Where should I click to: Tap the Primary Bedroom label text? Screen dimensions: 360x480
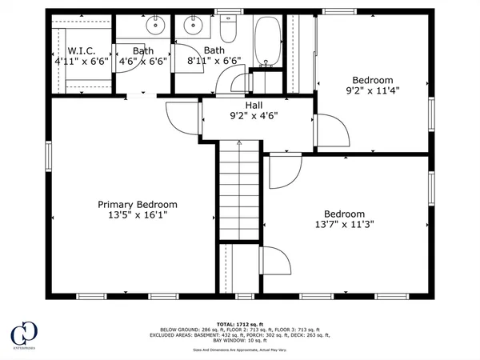click(x=138, y=204)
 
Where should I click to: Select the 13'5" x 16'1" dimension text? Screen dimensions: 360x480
click(x=138, y=215)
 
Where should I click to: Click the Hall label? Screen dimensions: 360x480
click(x=254, y=105)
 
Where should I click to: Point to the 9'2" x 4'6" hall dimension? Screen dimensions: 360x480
click(x=254, y=115)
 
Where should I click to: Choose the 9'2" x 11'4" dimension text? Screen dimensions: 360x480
click(x=373, y=90)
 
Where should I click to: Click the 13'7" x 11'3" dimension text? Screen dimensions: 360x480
click(x=345, y=225)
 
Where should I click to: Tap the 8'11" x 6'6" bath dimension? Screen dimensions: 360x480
click(x=214, y=61)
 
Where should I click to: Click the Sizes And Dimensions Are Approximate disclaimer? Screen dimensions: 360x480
click(x=241, y=350)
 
